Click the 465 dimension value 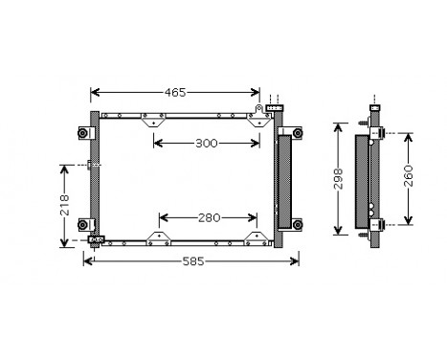click(174, 93)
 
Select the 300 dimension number click(206, 144)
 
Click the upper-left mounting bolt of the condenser click(83, 131)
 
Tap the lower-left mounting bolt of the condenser click(83, 226)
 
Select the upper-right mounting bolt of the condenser click(297, 131)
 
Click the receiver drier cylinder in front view click(283, 181)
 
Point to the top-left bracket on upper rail click(151, 121)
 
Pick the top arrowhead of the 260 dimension click(409, 127)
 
